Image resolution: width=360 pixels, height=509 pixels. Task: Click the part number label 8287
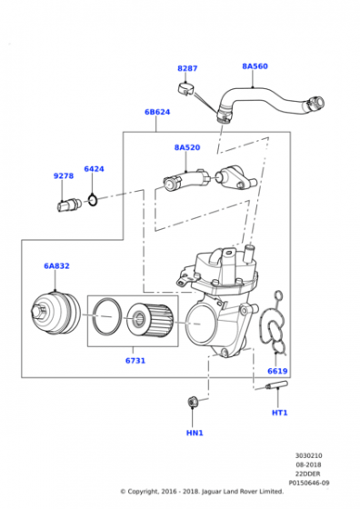[x=187, y=68]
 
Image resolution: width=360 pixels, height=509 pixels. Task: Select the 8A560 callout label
[x=255, y=66]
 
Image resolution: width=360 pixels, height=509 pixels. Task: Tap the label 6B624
[x=157, y=112]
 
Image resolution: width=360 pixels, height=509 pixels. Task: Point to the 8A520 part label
[x=187, y=147]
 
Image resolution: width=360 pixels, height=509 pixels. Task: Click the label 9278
[x=64, y=176]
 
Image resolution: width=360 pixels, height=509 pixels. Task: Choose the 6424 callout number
[x=94, y=169]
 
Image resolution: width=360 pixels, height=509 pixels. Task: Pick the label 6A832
[x=56, y=265]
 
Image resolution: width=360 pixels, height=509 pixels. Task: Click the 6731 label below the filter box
[x=135, y=361]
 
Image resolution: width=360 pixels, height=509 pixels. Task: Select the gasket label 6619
[x=277, y=371]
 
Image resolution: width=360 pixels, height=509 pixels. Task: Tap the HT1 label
[x=279, y=413]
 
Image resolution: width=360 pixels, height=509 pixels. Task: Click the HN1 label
[x=195, y=433]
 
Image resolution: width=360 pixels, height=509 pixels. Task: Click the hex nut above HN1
[x=193, y=402]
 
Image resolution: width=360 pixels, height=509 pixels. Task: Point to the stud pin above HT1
[x=276, y=385]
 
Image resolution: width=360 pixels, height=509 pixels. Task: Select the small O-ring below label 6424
[x=93, y=200]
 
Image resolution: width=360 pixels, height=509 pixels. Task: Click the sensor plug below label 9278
[x=69, y=205]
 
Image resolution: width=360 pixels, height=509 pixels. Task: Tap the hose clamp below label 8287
[x=185, y=89]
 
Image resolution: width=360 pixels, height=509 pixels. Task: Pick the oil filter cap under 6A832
[x=55, y=313]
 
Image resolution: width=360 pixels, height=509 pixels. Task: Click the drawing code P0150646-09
[x=309, y=483]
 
